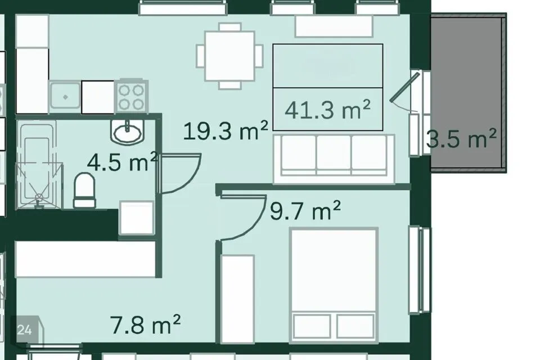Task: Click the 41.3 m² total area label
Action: [327, 110]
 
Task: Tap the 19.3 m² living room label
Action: [226, 131]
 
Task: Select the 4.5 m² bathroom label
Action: [123, 162]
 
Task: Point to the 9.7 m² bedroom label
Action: [305, 210]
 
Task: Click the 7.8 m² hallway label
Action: [145, 324]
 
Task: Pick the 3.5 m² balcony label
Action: [461, 138]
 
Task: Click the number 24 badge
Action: [24, 330]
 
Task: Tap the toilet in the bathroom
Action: [84, 190]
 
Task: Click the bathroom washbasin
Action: [128, 132]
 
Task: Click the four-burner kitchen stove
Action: [131, 96]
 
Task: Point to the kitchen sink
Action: [65, 97]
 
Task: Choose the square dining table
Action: [229, 56]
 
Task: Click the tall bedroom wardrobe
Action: [237, 299]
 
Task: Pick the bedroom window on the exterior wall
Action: [420, 270]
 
